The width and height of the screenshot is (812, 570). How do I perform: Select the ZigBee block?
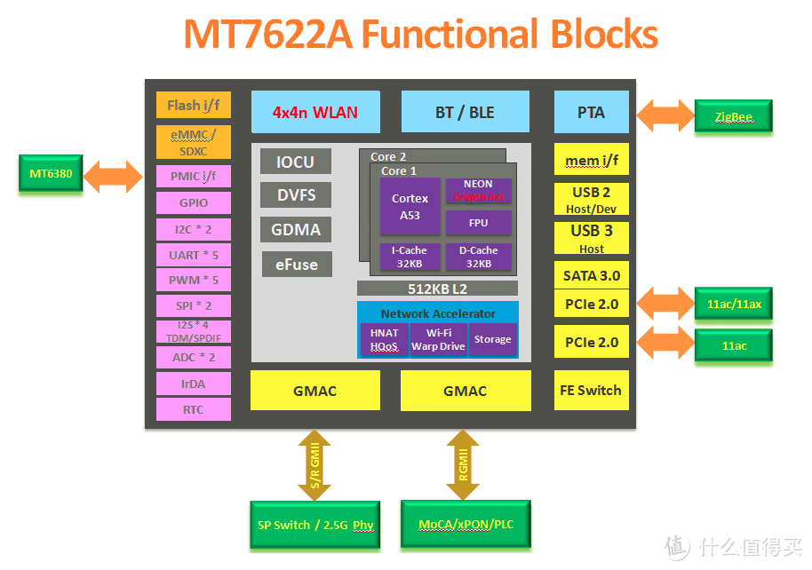(x=733, y=116)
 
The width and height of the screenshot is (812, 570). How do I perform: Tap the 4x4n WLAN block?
(x=315, y=112)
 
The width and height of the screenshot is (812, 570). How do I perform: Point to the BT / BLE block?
(x=465, y=112)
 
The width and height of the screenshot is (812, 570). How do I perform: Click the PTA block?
(x=591, y=112)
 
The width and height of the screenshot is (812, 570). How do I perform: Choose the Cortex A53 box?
(x=410, y=207)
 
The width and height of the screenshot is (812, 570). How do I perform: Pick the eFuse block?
(x=296, y=264)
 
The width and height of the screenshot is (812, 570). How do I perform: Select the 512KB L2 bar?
(x=437, y=289)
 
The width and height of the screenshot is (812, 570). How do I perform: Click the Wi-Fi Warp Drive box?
(x=438, y=339)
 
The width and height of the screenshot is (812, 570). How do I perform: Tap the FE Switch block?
(x=591, y=390)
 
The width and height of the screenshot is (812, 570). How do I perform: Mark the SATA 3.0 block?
(x=591, y=275)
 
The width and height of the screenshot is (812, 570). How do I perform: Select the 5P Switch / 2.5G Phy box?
(x=314, y=525)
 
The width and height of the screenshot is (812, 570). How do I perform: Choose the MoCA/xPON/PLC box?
(x=466, y=524)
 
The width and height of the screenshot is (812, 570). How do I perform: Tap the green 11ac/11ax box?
(x=733, y=305)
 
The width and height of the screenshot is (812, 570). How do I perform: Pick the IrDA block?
(x=193, y=384)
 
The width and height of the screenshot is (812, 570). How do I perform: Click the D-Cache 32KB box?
(x=479, y=257)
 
